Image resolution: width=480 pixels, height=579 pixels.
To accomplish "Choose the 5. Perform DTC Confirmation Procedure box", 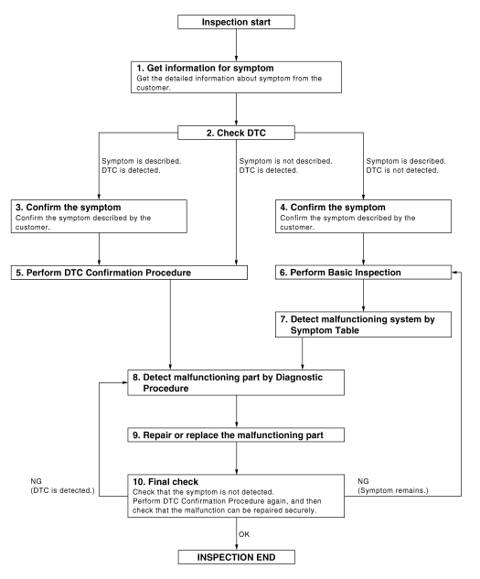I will point(130,272).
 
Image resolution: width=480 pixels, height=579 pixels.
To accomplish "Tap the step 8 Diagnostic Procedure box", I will point(237,381).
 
